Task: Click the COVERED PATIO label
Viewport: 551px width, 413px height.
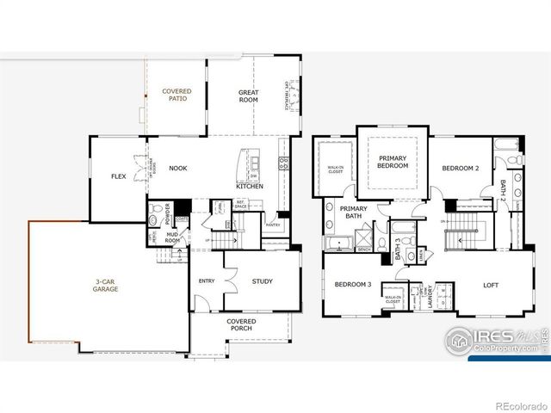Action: [x=176, y=95]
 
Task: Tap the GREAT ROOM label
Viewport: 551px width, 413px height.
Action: [x=248, y=96]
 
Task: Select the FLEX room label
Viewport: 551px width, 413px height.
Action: [x=119, y=176]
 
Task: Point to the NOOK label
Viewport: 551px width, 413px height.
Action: [x=178, y=169]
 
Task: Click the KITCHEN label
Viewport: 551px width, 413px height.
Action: [x=250, y=187]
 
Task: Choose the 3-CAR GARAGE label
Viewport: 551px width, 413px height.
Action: [x=107, y=286]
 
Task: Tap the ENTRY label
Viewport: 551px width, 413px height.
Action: [x=207, y=280]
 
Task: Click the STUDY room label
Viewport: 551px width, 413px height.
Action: [x=262, y=281]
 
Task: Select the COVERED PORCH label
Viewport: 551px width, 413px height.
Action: [x=241, y=324]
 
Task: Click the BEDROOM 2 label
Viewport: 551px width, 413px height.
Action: [x=460, y=169]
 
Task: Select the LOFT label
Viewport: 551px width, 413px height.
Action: [x=491, y=285]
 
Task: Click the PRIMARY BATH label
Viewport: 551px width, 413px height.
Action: [x=354, y=213]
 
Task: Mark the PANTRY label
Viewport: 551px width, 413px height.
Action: [x=273, y=225]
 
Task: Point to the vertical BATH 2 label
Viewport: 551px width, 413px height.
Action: [x=502, y=188]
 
